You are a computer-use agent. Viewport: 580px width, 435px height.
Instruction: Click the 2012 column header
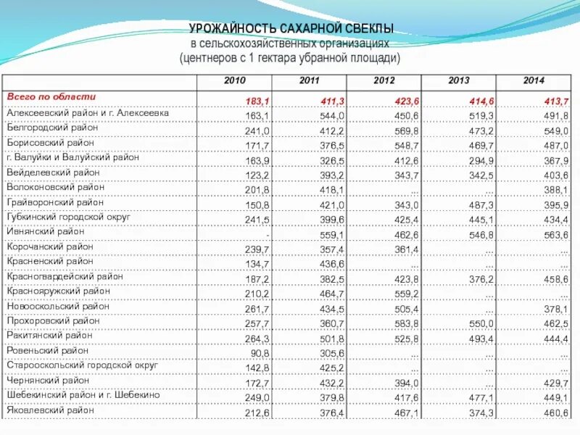[x=384, y=81]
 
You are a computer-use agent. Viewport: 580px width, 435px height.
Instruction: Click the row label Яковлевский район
[x=50, y=410]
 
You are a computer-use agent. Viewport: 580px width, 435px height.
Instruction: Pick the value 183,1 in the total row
[x=258, y=100]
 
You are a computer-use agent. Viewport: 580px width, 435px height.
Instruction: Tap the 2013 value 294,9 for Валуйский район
[x=481, y=160]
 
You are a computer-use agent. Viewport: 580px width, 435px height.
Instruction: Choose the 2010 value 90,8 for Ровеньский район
[x=260, y=354]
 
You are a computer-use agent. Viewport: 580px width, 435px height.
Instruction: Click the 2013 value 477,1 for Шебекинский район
[x=481, y=398]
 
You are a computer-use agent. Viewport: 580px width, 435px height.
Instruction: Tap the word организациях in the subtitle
[x=349, y=43]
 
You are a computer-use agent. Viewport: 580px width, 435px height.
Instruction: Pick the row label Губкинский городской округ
[x=68, y=217]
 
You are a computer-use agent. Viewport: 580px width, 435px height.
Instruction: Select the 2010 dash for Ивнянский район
[x=268, y=235]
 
